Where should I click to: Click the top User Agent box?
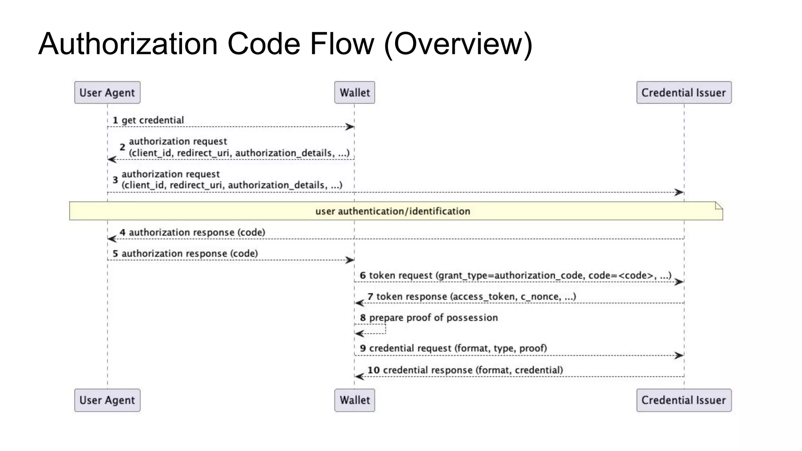[x=107, y=93]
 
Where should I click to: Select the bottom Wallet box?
[x=354, y=400]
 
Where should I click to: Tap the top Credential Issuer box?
[x=684, y=93]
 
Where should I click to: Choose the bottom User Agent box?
[x=107, y=400]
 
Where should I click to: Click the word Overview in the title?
[x=458, y=44]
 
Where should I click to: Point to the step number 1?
[x=115, y=120]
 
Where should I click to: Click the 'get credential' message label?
[x=153, y=120]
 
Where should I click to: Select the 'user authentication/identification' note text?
[x=392, y=211]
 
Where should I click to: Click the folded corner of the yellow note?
[x=719, y=206]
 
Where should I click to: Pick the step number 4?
[x=123, y=233]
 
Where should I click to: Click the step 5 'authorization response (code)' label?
[x=190, y=254]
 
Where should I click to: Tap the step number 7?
[x=370, y=297]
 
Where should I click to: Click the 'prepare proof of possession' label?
[x=433, y=318]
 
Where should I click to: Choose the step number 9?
[x=363, y=348]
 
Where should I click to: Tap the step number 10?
[x=374, y=370]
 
